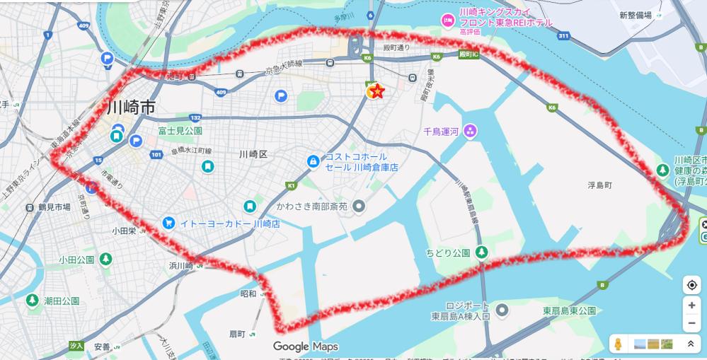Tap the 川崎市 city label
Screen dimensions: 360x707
pyautogui.click(x=131, y=108)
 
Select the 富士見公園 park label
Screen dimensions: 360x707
pyautogui.click(x=180, y=131)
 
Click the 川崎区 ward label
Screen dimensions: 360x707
pyautogui.click(x=252, y=154)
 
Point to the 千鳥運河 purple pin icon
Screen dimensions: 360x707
pyautogui.click(x=471, y=131)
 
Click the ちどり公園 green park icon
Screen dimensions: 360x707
pyautogui.click(x=482, y=252)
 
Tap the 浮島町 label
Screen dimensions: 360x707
pyautogui.click(x=599, y=185)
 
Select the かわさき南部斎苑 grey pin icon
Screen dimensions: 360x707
pyautogui.click(x=359, y=206)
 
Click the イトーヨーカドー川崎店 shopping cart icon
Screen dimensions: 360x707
pyautogui.click(x=168, y=223)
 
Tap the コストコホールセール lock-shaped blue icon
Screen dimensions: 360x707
pyautogui.click(x=312, y=161)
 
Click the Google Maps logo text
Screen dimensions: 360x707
pyautogui.click(x=306, y=347)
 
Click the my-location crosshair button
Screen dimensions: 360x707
pyautogui.click(x=691, y=284)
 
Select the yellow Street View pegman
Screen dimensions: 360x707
pyautogui.click(x=618, y=344)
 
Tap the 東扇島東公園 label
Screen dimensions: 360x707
pyautogui.click(x=569, y=310)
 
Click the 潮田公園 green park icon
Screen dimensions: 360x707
pyautogui.click(x=32, y=301)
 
